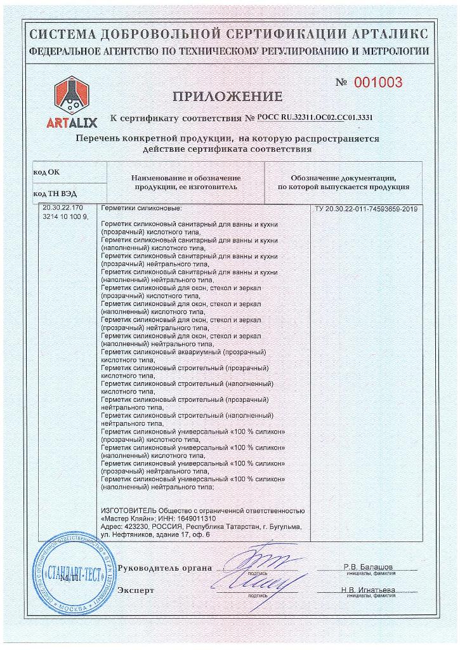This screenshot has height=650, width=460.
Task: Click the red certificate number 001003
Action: (x=378, y=83)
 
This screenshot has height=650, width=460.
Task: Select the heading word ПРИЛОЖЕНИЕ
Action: (x=227, y=96)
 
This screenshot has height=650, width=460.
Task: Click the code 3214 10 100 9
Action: (x=64, y=218)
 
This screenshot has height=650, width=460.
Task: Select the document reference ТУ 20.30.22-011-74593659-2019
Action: (x=365, y=209)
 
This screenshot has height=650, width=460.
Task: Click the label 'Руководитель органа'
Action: (x=165, y=567)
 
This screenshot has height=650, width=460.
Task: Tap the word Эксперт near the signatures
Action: (x=136, y=590)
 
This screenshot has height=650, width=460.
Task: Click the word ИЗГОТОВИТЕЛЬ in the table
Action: (x=124, y=510)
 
